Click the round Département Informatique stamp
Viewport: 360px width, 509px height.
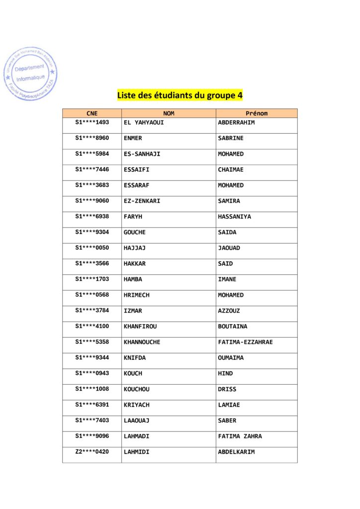pos(30,74)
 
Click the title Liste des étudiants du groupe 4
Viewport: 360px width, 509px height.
pos(180,95)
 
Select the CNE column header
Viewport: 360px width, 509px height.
pos(92,113)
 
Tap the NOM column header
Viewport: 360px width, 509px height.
pos(169,113)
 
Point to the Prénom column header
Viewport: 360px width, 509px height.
pos(257,113)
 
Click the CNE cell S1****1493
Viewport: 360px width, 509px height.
pos(92,122)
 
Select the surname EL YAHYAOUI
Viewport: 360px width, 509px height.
pos(144,122)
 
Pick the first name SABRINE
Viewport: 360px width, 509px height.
pos(231,138)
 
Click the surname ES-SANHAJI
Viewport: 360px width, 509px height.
pos(142,154)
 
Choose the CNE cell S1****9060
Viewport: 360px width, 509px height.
pos(92,201)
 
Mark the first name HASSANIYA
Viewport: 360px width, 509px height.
pos(234,217)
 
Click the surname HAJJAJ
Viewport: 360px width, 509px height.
pos(134,248)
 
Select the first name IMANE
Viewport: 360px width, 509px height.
pos(227,279)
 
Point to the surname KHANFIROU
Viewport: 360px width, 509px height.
pos(140,327)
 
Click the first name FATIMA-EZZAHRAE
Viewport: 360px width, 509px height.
pos(245,342)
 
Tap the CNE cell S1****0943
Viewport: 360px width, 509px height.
pos(92,373)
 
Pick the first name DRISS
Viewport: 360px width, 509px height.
pos(227,389)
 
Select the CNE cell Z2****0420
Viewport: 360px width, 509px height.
pos(92,452)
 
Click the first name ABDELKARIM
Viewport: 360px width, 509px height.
pos(236,452)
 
